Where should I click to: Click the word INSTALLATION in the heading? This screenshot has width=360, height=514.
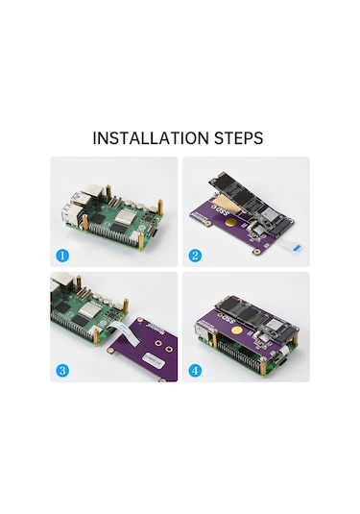[150, 138]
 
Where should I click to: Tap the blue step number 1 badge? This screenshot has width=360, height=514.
[62, 257]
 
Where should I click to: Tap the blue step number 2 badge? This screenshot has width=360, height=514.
[194, 257]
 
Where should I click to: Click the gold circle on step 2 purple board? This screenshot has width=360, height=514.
[231, 227]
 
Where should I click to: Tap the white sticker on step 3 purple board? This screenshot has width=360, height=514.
[153, 359]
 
